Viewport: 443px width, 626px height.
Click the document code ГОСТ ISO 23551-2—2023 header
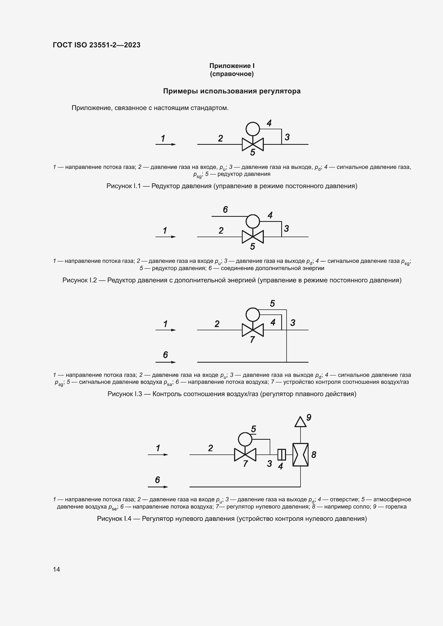[x=97, y=45]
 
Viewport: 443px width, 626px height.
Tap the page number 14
[x=57, y=569]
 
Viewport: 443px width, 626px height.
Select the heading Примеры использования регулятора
[x=232, y=91]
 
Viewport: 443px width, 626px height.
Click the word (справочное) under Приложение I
[x=232, y=74]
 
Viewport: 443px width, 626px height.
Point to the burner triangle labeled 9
[x=300, y=422]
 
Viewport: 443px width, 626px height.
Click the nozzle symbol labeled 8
[x=300, y=455]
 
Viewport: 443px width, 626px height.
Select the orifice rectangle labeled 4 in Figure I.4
[x=281, y=454]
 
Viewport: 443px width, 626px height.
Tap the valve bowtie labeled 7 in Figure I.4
[x=245, y=454]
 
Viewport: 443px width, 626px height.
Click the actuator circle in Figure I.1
[x=253, y=129]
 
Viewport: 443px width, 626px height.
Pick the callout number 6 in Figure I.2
[x=225, y=209]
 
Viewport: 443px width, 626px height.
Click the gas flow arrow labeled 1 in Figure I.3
[x=166, y=330]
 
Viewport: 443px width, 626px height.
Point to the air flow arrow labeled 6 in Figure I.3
[x=166, y=362]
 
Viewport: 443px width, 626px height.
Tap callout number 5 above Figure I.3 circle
[x=272, y=303]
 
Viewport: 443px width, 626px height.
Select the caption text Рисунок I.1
[x=123, y=186]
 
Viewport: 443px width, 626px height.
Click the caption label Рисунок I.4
[x=114, y=519]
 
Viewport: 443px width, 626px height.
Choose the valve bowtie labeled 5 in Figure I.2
[x=253, y=237]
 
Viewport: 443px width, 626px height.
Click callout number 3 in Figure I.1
[x=287, y=137]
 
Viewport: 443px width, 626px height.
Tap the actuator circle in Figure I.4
[x=245, y=439]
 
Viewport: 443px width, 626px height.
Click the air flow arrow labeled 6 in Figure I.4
[x=158, y=487]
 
